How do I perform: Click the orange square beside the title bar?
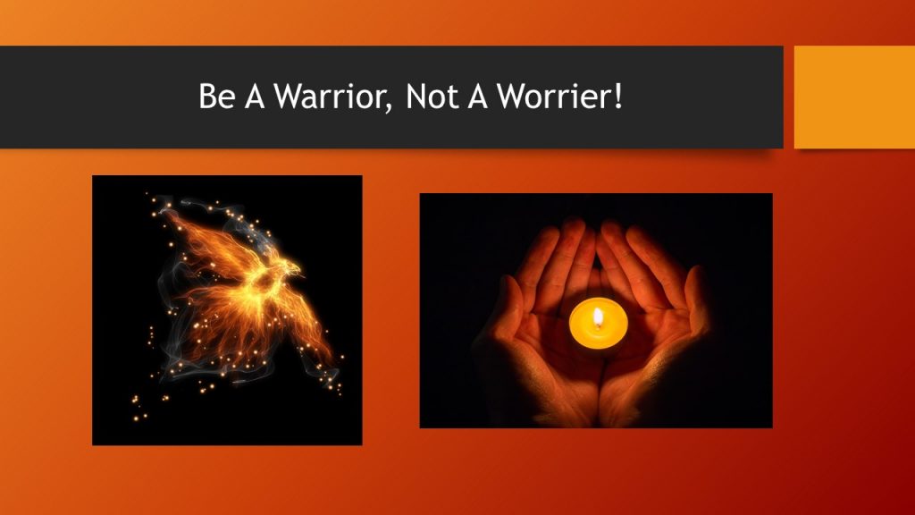click(x=854, y=97)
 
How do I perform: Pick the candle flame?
click(x=597, y=316)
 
